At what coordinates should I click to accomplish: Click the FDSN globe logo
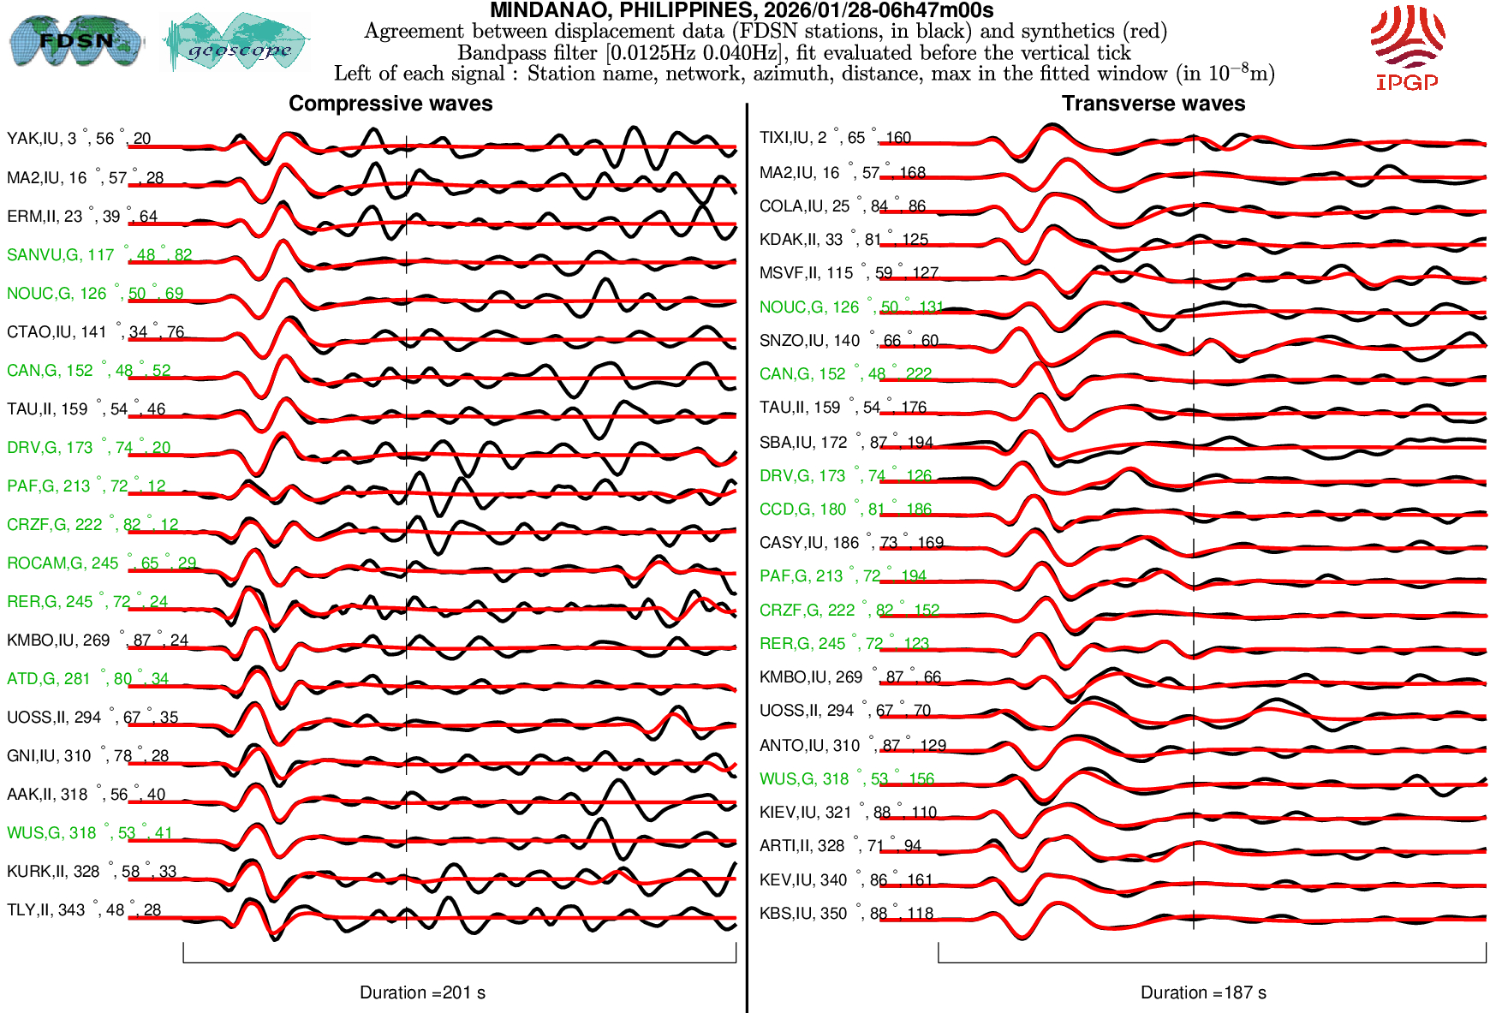click(75, 40)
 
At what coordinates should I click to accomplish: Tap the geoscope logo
click(237, 42)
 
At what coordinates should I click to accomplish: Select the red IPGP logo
click(1407, 47)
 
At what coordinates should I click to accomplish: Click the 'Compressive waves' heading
click(390, 104)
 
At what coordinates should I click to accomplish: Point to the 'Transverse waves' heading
click(1153, 104)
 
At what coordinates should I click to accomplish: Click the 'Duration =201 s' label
click(422, 992)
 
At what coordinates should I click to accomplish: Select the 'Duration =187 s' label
click(1203, 992)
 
